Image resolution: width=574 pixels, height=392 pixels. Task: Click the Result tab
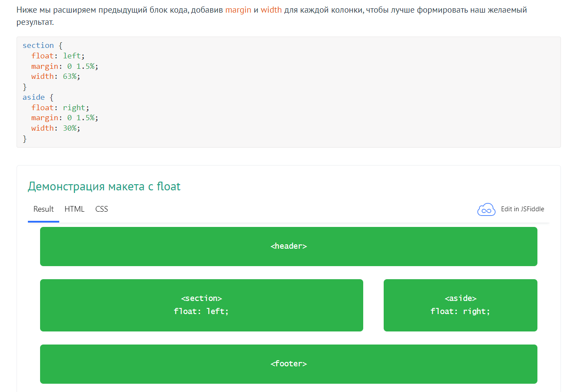coord(43,209)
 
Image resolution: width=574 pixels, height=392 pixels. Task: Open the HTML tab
coord(74,209)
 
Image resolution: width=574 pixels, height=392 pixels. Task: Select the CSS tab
coord(101,209)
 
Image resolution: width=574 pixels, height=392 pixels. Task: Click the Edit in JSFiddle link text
coord(522,209)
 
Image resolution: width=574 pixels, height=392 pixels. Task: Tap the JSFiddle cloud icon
coord(486,210)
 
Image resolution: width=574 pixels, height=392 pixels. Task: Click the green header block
coord(289,247)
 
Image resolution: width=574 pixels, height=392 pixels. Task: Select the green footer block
coord(289,364)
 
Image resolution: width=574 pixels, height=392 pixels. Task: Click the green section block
coord(201,305)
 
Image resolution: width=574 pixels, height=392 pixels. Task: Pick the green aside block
coord(460,305)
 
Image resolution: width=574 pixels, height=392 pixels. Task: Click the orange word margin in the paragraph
coord(238,10)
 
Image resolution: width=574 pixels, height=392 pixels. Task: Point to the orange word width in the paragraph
coord(271,10)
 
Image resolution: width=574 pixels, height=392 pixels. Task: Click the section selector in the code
coord(38,45)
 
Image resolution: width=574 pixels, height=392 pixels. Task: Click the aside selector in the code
coord(34,98)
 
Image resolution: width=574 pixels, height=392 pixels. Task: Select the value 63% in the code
coord(70,76)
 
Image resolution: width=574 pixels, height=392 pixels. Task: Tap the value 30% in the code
coord(70,128)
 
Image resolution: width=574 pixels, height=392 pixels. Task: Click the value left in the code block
coord(72,56)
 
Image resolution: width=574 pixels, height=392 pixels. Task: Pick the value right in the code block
coord(74,108)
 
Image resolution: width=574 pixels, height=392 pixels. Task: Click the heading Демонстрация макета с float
coord(104,186)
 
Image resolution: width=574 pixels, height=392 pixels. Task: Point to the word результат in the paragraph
coord(35,23)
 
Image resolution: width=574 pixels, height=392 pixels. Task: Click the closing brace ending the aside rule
coord(24,139)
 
